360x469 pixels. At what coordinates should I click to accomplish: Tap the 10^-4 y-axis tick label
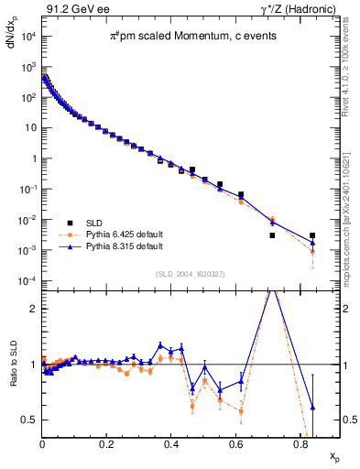pyautogui.click(x=27, y=280)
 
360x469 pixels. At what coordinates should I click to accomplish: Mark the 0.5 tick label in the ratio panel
pyautogui.click(x=29, y=420)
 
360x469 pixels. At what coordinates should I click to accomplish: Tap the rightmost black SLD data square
pyautogui.click(x=312, y=235)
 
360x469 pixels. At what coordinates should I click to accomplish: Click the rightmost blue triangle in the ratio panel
pyautogui.click(x=312, y=407)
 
